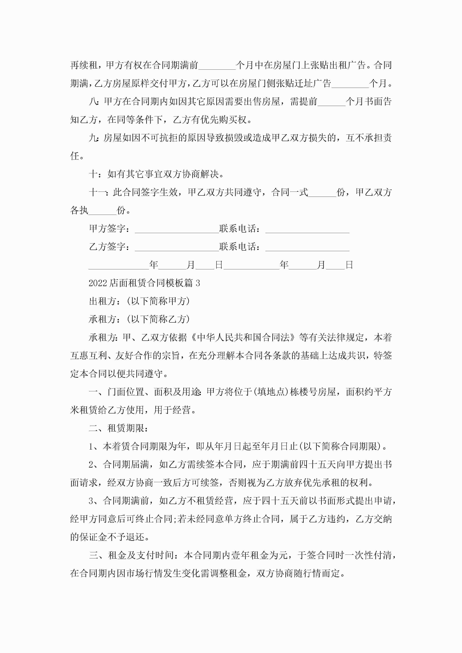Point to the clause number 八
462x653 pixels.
click(x=93, y=101)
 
